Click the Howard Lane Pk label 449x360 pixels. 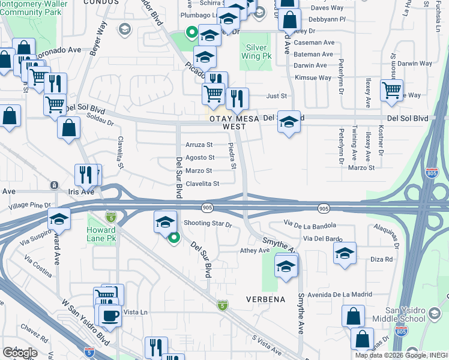click(x=101, y=235)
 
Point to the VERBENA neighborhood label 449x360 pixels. click(x=264, y=298)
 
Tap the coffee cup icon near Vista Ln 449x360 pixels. click(x=109, y=315)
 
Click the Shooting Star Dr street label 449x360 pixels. click(x=208, y=224)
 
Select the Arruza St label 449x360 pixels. click(x=199, y=145)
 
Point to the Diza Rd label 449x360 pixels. click(x=381, y=259)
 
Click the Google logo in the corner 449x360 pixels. click(x=19, y=352)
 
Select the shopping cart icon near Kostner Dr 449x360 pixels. click(x=392, y=90)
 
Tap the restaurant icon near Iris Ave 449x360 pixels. click(x=86, y=175)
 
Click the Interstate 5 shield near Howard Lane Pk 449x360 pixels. click(x=110, y=216)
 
